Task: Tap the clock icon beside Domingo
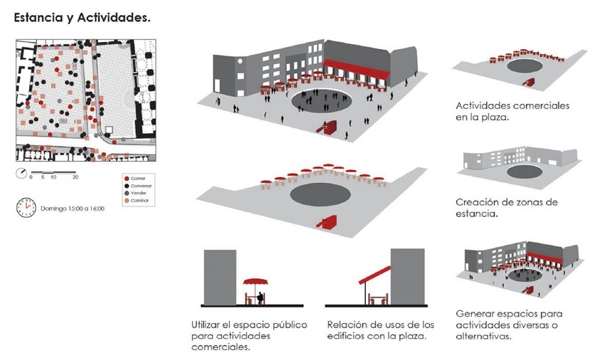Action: [26, 206]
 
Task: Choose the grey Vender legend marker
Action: [126, 193]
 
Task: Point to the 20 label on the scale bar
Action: [75, 177]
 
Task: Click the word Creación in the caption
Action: [476, 202]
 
